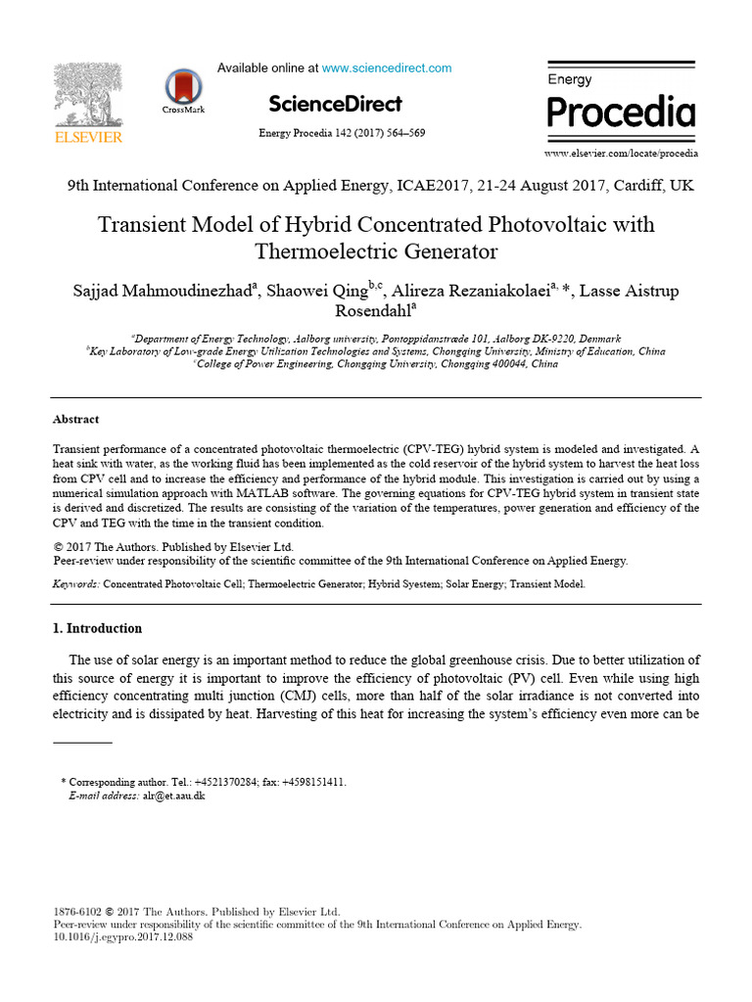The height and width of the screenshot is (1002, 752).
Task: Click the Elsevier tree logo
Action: pos(87,95)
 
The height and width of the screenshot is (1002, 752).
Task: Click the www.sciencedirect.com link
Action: pos(387,68)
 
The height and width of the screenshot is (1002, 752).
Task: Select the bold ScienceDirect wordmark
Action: pos(335,104)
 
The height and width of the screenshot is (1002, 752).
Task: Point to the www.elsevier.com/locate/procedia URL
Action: pos(621,154)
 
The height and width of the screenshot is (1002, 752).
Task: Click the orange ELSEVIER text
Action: pos(88,138)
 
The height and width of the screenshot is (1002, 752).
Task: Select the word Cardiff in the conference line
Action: pos(637,185)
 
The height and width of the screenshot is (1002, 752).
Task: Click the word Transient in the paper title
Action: pos(145,224)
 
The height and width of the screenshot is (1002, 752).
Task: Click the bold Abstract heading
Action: pos(75,419)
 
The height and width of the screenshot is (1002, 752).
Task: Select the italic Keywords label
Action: pos(75,584)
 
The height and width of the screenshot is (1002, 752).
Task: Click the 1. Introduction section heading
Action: pos(97,628)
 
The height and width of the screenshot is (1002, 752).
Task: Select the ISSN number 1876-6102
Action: pos(76,911)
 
